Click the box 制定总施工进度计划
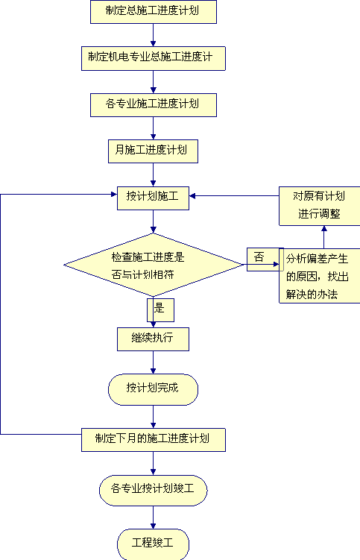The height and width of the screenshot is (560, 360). coord(154,12)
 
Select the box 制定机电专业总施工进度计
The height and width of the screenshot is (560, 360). coord(154,58)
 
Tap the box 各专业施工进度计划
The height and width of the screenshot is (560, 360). coord(154,105)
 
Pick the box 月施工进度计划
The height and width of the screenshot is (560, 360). coord(154,151)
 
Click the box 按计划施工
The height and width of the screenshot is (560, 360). coord(154,198)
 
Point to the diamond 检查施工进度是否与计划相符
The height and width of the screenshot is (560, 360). coord(154,265)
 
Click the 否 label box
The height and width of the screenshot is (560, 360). coord(265,259)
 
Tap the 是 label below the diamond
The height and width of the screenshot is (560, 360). coord(161,310)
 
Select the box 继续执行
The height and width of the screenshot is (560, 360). coord(154,339)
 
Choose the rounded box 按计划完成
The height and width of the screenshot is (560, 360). coord(154,390)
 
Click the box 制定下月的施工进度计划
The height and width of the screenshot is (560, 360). coord(154,440)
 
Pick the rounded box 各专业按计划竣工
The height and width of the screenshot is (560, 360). coord(154,491)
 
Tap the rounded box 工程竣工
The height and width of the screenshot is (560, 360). coord(154,544)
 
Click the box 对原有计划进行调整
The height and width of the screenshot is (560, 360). coord(319,206)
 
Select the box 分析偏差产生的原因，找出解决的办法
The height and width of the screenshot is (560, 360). coord(319,276)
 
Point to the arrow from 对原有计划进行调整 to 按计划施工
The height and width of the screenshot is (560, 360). coord(234,195)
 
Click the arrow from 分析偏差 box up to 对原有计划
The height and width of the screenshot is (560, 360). coord(324,237)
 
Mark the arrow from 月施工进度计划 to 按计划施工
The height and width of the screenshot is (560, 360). coord(154,175)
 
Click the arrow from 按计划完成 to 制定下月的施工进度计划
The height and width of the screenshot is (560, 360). coord(154,417)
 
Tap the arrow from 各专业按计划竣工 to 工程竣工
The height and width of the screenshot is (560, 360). coord(154,517)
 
